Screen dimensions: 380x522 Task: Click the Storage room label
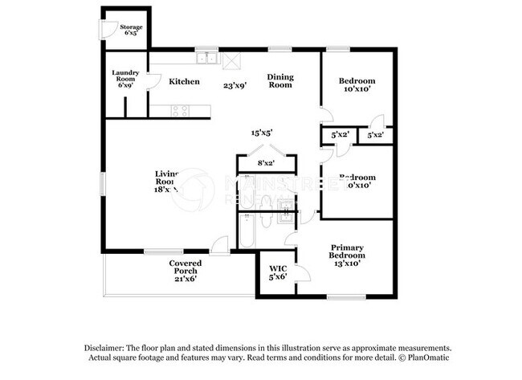[x=131, y=27]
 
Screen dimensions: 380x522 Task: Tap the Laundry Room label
[x=124, y=78]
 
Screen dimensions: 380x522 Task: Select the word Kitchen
[x=184, y=81]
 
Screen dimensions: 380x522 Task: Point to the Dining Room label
[x=280, y=80]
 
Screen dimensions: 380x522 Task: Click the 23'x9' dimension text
[x=236, y=82]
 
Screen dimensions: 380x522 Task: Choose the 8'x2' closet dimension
[x=266, y=163]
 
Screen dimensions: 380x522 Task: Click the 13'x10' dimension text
[x=348, y=262]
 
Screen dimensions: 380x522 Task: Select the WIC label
[x=278, y=268]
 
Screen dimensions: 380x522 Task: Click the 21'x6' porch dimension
[x=186, y=280]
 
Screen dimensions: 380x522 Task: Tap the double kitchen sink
[x=208, y=57]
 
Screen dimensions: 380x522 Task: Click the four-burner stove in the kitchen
[x=180, y=111]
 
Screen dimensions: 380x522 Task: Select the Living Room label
[x=166, y=181]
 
